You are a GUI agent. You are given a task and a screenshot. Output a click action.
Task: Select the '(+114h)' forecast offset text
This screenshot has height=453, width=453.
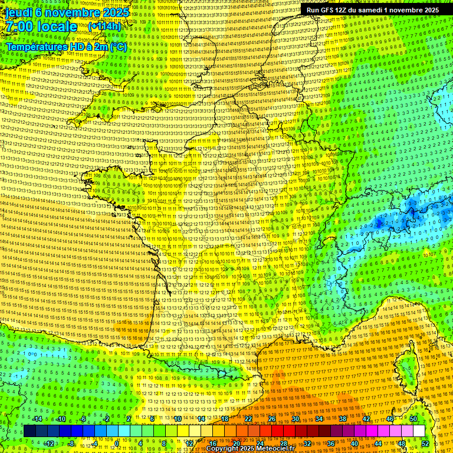(x=104, y=27)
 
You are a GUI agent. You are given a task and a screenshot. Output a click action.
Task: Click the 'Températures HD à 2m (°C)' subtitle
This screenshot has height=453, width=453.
(x=66, y=47)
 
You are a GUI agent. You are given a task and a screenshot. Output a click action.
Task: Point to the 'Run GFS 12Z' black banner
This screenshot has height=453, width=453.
(x=372, y=10)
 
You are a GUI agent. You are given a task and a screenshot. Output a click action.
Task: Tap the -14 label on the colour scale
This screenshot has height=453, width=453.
(x=38, y=419)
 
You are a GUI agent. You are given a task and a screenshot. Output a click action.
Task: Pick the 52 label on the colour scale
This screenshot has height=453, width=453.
(x=425, y=444)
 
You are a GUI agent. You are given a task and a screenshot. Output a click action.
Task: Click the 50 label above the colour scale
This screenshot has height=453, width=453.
(x=413, y=419)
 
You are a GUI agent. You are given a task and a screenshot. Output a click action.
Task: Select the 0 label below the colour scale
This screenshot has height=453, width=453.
(x=117, y=444)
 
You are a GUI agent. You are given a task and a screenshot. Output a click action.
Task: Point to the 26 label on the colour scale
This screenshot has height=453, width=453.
(x=272, y=419)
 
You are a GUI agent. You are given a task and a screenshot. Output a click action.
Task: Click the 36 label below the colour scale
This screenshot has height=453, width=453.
(x=331, y=444)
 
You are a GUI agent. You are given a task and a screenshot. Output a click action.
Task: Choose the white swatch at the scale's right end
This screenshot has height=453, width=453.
(x=419, y=431)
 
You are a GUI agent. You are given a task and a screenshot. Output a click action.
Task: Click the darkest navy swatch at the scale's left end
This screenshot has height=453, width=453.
(x=30, y=431)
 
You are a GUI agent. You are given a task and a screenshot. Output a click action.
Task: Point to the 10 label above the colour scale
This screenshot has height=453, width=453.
(x=178, y=419)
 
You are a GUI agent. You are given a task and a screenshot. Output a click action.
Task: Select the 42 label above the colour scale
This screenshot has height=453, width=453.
(x=366, y=419)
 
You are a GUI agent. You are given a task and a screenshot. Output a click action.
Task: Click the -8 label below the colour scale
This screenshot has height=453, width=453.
(x=71, y=444)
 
